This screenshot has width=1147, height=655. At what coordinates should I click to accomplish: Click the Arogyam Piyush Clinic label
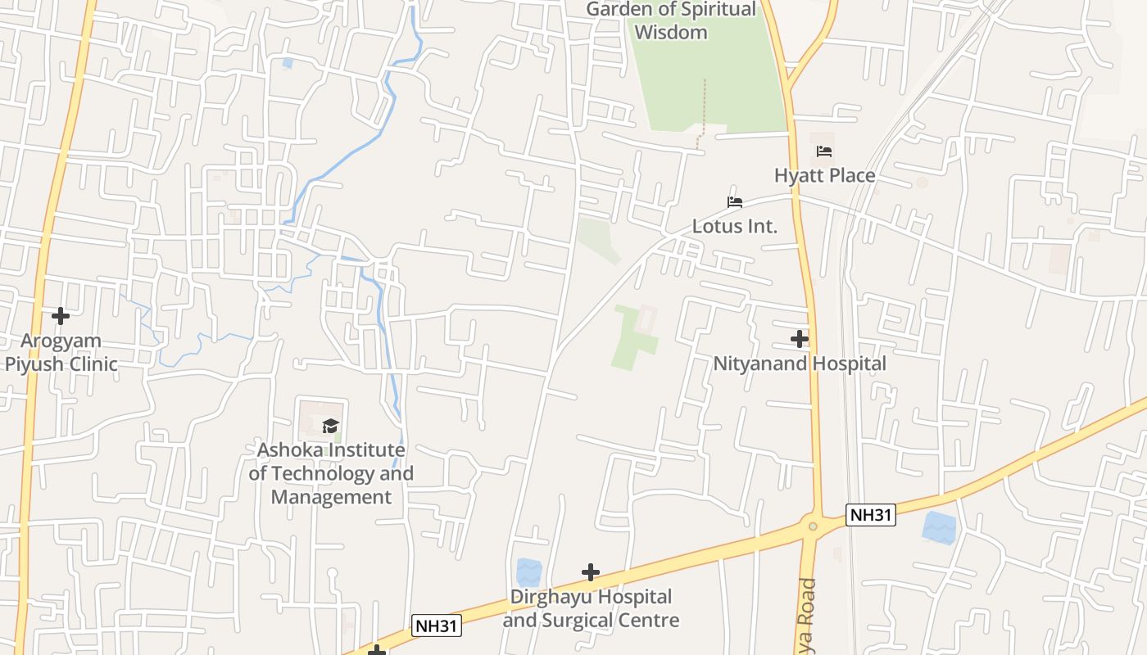(x=61, y=352)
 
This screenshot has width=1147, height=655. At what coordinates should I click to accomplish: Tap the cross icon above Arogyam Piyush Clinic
(x=61, y=315)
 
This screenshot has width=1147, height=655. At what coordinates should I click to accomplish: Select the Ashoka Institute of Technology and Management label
(x=331, y=473)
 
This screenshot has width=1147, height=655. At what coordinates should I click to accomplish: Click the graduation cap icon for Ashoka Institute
(x=330, y=425)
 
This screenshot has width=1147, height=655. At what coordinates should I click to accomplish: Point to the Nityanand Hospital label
(x=800, y=364)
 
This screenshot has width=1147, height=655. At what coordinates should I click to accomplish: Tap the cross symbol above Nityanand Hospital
(x=800, y=338)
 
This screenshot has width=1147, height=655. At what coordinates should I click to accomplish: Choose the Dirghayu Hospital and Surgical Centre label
(x=591, y=608)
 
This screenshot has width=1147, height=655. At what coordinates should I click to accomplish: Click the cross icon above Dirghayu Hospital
(x=591, y=572)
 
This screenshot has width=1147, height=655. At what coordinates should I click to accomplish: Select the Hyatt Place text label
(x=824, y=175)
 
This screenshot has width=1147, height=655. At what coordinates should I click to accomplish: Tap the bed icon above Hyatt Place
(x=824, y=151)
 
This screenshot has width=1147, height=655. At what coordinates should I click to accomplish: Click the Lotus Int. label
(x=735, y=226)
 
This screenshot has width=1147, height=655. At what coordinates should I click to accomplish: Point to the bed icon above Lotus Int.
(x=735, y=202)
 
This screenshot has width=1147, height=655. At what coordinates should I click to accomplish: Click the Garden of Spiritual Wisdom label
(x=671, y=21)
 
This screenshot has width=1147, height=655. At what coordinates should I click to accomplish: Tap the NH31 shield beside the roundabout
(x=871, y=515)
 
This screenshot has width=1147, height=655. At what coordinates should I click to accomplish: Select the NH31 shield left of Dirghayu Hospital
(x=437, y=626)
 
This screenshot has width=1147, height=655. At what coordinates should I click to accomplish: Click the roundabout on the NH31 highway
(x=812, y=526)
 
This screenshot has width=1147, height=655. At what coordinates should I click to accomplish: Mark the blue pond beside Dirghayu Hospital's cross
(x=529, y=572)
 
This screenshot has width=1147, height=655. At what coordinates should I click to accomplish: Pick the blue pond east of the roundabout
(x=939, y=528)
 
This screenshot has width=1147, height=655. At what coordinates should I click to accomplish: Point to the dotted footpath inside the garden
(x=703, y=111)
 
